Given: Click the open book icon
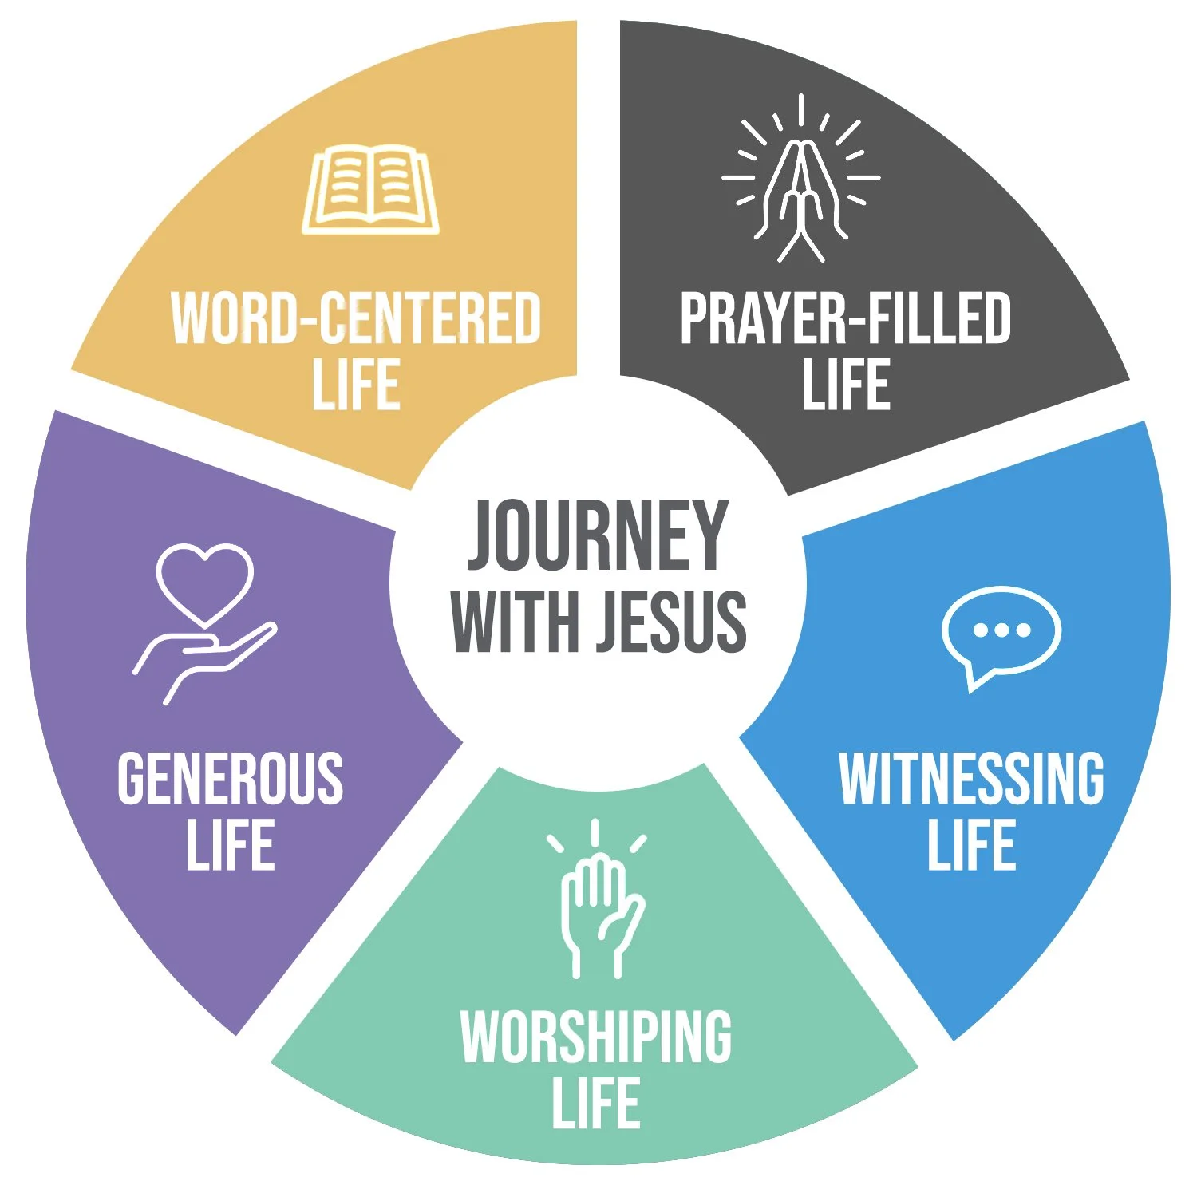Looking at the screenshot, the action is [370, 190].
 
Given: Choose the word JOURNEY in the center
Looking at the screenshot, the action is [597, 535].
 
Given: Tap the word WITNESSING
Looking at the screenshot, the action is [971, 778].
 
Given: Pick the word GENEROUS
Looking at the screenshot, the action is [231, 778].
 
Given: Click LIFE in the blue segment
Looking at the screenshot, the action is [971, 846].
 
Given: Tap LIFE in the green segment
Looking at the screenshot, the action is [596, 1104].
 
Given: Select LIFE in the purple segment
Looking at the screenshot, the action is [231, 846].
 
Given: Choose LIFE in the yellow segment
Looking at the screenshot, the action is [356, 385].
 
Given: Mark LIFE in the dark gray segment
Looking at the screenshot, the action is [846, 385].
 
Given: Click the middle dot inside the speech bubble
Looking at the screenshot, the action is [1001, 630].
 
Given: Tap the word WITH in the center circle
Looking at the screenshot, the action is [515, 621].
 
